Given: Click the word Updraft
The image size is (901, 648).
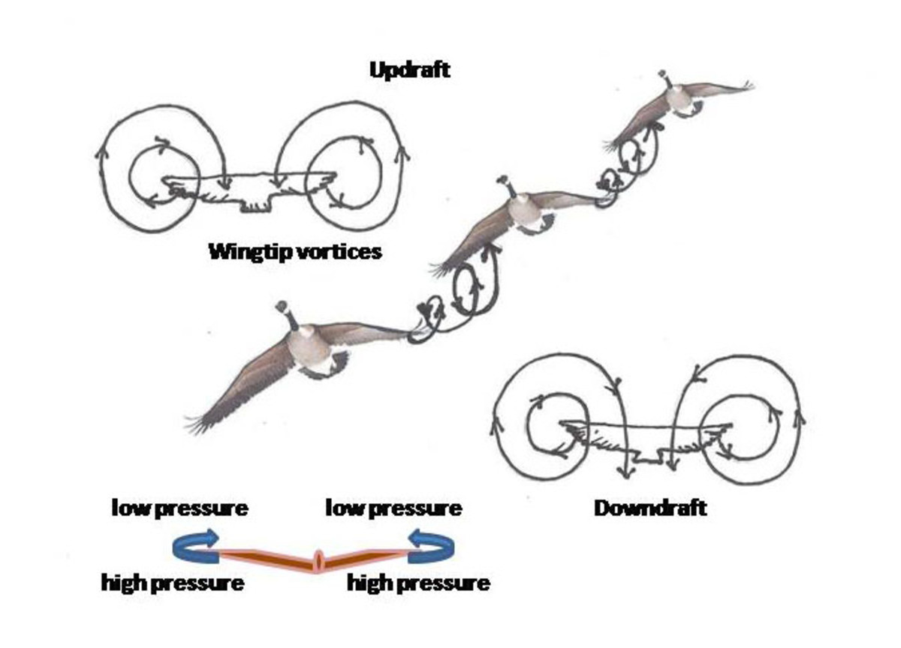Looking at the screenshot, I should point(410,70).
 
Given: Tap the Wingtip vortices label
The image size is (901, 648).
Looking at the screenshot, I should point(294,250).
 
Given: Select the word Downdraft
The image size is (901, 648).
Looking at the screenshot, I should point(650,508).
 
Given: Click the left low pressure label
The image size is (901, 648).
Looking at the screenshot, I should point(180,508).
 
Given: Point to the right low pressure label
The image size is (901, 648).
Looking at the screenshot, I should point(393,508).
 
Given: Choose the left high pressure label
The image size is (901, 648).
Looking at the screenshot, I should point(173,582).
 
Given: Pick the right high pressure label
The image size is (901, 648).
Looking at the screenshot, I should point(418,582).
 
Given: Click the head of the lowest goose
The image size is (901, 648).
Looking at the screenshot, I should point(283,307).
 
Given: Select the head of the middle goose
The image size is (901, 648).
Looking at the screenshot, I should point(502,182).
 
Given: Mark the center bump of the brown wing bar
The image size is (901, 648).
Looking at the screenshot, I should point(318,560).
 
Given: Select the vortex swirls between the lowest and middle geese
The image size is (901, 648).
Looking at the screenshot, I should point(455,296).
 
